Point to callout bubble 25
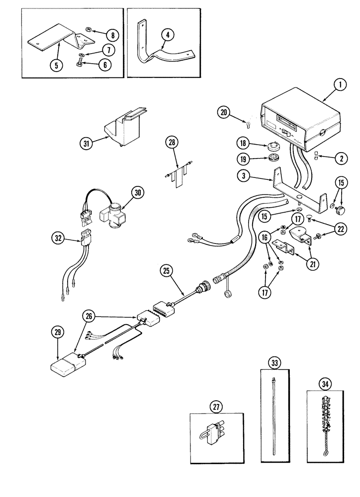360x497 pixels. (166, 271)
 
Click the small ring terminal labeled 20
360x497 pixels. (248, 120)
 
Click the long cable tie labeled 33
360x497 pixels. (274, 417)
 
